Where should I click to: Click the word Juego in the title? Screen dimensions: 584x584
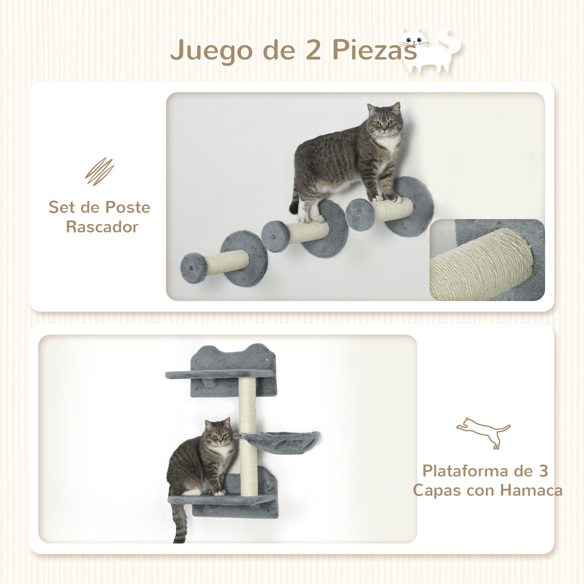tap(211, 50)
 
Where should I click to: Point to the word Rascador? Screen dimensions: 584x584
tap(102, 227)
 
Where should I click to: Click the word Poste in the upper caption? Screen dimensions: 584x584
tap(128, 207)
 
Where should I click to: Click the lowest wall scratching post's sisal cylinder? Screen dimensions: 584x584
tap(227, 263)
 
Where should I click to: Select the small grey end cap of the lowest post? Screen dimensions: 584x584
tap(194, 268)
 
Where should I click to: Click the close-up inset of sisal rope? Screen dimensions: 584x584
tap(487, 260)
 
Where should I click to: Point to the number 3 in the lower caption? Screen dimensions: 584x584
tap(543, 471)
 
